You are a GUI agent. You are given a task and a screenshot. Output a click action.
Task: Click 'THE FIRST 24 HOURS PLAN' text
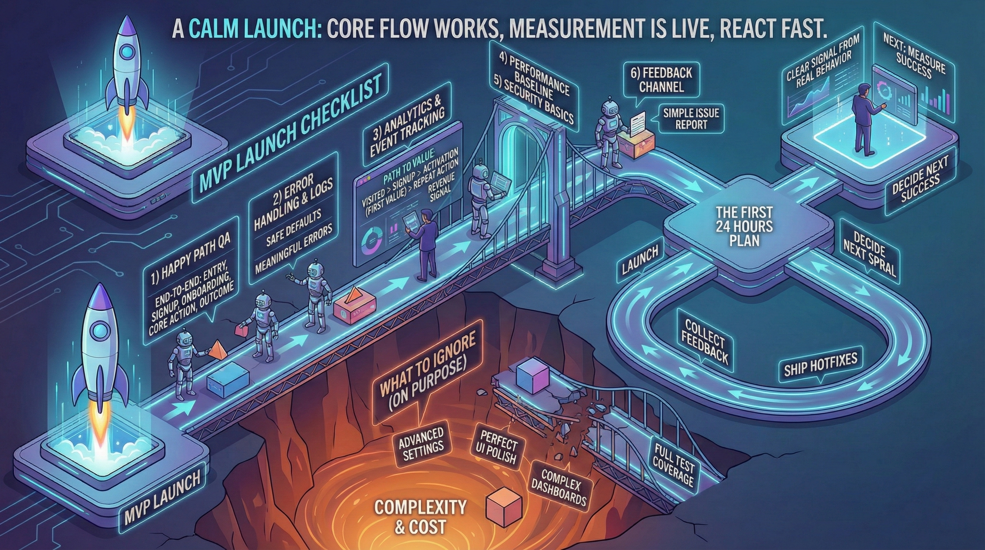point(744,226)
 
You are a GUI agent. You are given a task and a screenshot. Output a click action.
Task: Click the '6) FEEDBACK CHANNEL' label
point(661,80)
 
